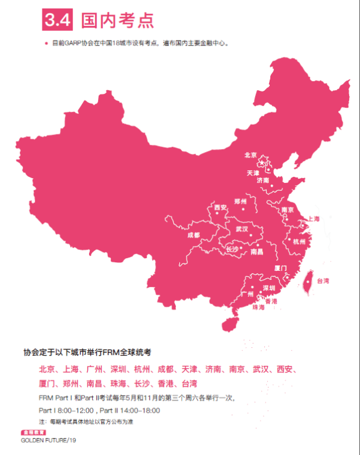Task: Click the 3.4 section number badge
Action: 58,20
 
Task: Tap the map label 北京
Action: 250,155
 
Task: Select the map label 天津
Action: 253,173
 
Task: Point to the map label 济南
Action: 262,181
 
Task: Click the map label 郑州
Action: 240,201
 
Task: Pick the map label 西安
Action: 220,208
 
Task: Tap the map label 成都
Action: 193,234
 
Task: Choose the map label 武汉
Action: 242,229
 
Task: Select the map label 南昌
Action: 256,251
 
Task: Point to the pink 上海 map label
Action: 313,219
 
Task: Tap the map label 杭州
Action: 299,241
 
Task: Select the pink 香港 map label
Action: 271,301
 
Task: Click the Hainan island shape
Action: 230,324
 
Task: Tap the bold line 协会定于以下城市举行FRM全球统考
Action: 87,351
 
